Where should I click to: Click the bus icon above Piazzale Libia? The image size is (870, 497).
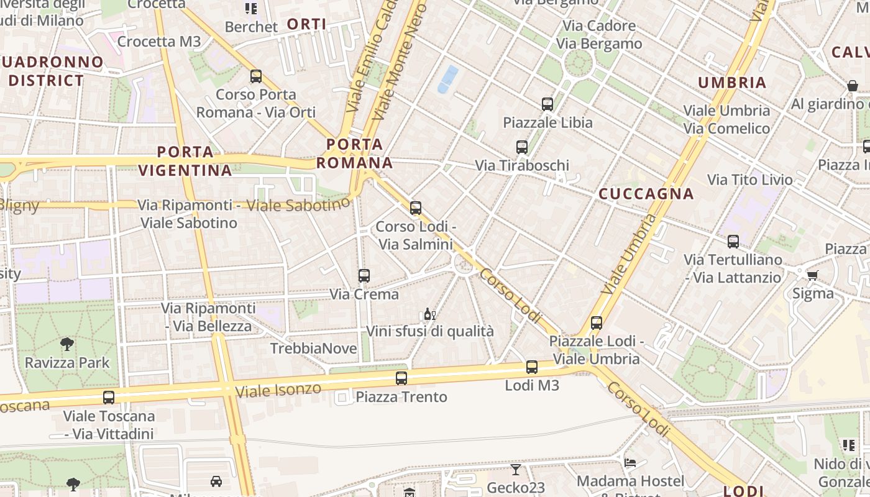point(547,104)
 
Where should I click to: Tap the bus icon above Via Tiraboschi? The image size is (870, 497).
point(522,147)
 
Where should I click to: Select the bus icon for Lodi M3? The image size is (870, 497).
point(531,367)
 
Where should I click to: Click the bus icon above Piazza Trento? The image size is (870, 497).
point(401,378)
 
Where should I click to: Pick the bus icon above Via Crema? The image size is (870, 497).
point(364,275)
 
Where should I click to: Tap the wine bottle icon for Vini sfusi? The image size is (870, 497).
point(429,314)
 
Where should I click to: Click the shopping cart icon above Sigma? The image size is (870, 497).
point(812,275)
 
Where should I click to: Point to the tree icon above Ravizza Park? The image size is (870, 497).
point(66,344)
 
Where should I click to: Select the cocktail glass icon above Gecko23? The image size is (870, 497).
point(515,469)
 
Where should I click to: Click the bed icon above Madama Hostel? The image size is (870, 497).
point(630,463)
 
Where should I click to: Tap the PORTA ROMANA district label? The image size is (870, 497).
point(355,153)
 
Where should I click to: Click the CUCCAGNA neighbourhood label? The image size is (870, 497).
point(646,194)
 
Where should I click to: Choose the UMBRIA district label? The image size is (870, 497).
point(732,83)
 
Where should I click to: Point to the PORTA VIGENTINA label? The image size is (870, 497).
point(185,161)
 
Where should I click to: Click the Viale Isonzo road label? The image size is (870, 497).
point(278,391)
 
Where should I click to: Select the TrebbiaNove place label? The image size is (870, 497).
point(314,349)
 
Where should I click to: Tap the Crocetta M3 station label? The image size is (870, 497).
point(159,42)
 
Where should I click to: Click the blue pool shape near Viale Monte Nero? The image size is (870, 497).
point(448,80)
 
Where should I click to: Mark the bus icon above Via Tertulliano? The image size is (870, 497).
point(733,241)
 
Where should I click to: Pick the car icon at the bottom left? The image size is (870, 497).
point(216,481)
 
